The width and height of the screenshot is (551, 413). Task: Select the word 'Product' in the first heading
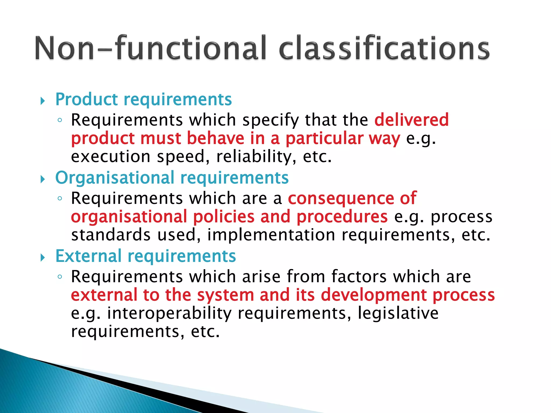86,99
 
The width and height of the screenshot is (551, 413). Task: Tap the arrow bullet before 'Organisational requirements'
43,179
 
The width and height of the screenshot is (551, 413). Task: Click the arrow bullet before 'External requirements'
43,258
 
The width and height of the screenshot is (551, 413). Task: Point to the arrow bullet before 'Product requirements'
43,101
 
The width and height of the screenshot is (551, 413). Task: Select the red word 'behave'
215,138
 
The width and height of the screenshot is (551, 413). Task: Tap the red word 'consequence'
341,198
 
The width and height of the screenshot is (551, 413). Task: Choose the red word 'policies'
224,216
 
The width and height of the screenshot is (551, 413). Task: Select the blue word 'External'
89,256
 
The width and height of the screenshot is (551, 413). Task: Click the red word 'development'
374,295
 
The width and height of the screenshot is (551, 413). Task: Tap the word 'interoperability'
169,313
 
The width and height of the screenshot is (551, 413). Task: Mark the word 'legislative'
398,313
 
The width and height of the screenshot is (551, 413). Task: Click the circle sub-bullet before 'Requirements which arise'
60,277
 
